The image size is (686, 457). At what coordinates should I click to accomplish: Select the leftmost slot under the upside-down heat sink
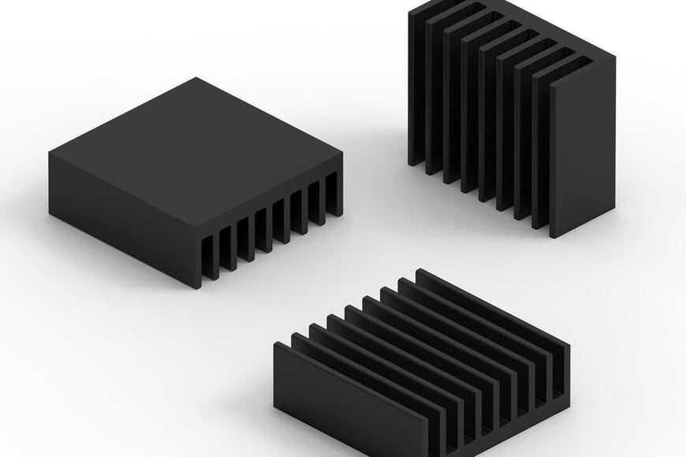coord(210,259)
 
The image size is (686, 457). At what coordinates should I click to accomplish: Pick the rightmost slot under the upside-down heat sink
coord(332,194)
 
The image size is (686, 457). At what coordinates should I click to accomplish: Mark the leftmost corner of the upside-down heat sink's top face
coord(49,153)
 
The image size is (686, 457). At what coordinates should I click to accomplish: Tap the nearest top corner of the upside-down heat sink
coord(197,234)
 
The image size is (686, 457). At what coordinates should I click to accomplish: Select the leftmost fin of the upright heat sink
coord(416,87)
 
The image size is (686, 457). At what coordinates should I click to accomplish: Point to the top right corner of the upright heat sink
coord(614,57)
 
